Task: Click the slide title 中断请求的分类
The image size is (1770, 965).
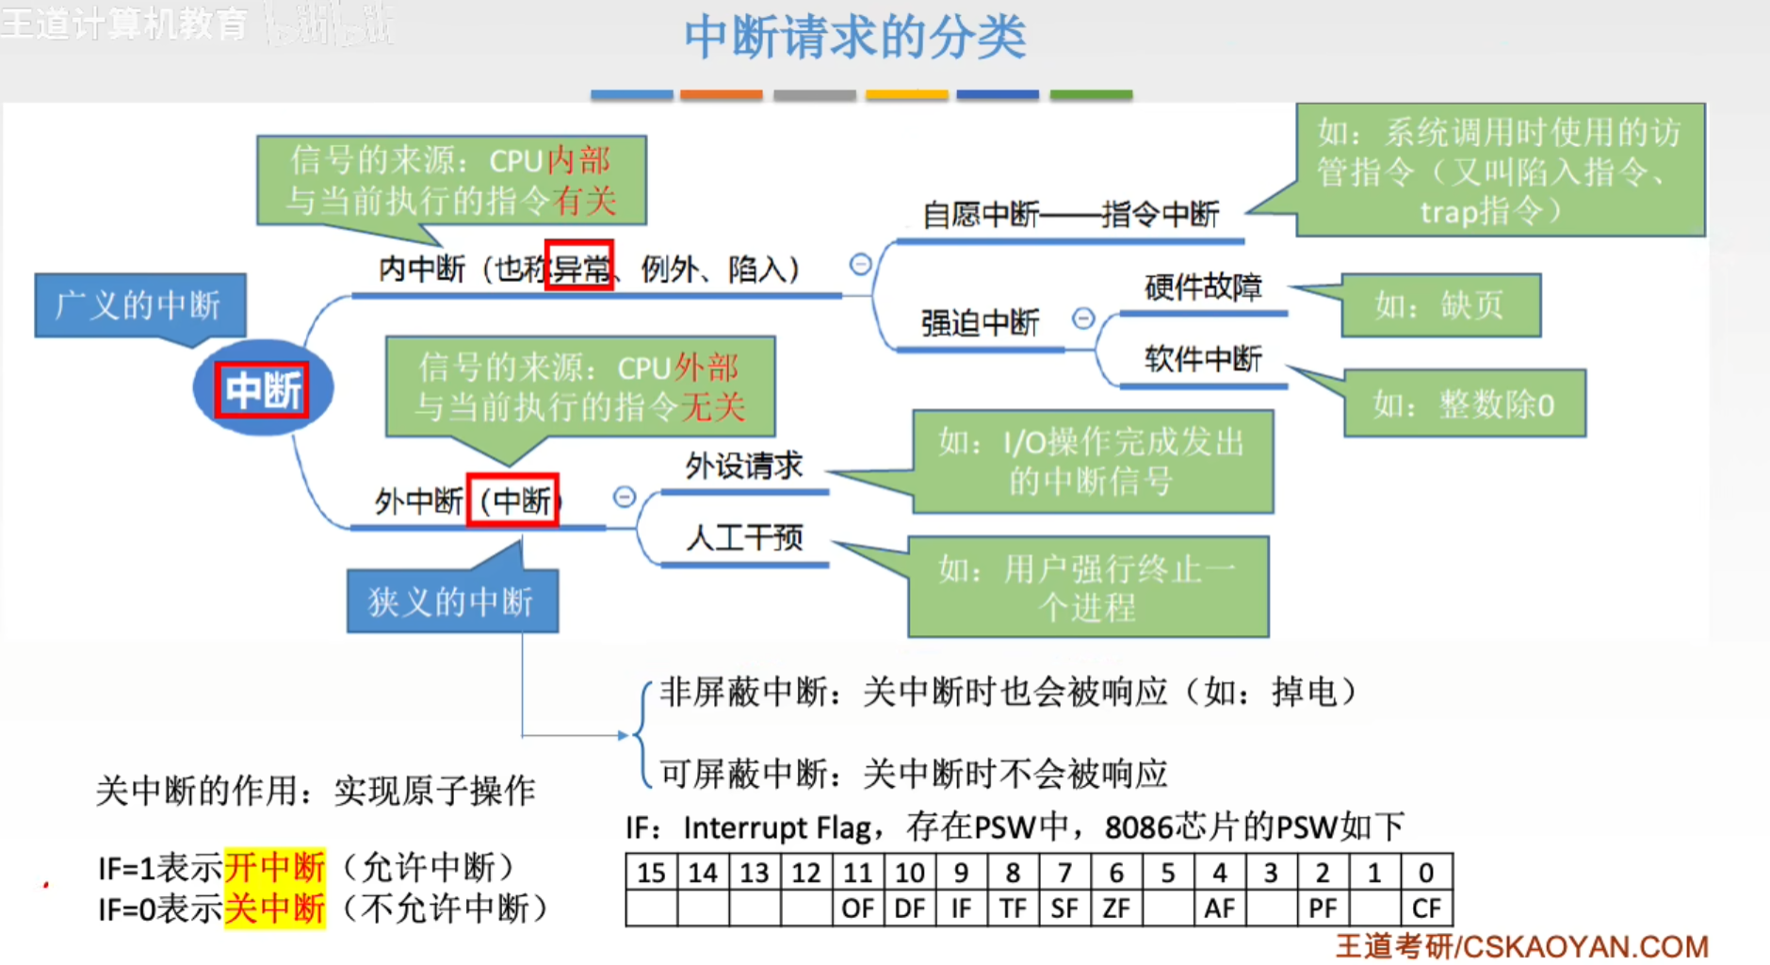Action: (854, 37)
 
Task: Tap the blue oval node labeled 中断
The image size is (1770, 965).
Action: (263, 388)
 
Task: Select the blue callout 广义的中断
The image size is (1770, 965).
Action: (139, 305)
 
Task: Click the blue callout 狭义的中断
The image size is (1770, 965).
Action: (452, 600)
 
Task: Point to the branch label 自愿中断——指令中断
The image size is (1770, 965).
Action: (1070, 215)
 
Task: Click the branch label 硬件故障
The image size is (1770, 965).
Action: (1203, 286)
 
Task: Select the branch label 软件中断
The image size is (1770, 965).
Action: (1203, 359)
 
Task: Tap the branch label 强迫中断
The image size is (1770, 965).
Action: (980, 323)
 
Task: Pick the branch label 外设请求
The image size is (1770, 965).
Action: (744, 466)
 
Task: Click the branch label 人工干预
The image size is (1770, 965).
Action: (744, 538)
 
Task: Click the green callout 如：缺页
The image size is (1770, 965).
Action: (1440, 305)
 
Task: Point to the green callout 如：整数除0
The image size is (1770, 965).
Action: (1464, 403)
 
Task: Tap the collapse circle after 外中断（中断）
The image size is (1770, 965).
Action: (625, 497)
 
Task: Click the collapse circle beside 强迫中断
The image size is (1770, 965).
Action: (1083, 319)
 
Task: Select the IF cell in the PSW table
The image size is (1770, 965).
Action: (961, 908)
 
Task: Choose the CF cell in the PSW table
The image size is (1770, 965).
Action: (1426, 908)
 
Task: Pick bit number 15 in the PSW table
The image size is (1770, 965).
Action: (651, 873)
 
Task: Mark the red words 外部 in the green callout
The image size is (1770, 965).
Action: (706, 367)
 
